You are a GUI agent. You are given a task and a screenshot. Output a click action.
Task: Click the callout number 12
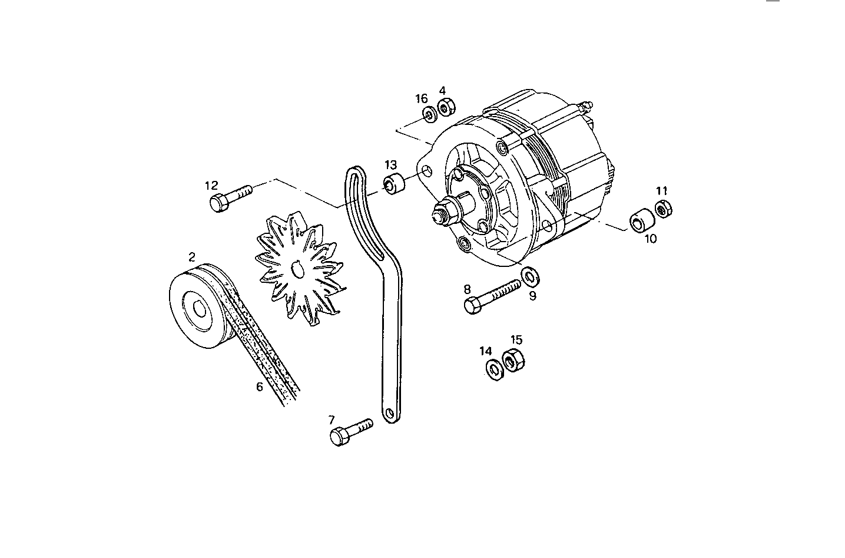211,186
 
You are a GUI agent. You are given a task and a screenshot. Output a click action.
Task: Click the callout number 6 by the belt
259,387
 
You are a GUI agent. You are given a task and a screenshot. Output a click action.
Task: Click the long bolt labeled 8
492,296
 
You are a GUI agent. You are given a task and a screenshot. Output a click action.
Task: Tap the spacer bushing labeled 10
641,221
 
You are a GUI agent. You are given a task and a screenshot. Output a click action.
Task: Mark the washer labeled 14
494,368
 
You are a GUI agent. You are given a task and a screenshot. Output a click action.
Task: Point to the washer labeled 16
427,114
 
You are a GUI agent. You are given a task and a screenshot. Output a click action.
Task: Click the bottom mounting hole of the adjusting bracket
389,414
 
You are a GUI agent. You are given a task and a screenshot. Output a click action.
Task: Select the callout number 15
516,340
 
